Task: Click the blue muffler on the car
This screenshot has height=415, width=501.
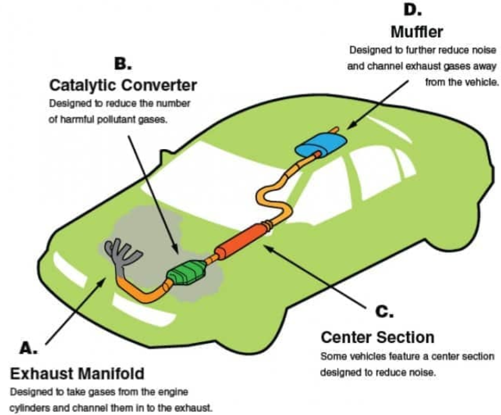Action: point(321,144)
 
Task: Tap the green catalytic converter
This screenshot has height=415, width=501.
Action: point(187,272)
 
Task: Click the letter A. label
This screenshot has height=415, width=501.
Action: point(28,348)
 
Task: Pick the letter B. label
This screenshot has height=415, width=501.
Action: point(123,64)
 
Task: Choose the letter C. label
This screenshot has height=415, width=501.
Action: point(384,311)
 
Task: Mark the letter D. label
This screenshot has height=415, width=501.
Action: point(413,10)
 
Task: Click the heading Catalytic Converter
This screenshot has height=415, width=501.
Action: point(123,86)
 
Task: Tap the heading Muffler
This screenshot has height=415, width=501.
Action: point(417,32)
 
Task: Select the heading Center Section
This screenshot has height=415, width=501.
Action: point(378,338)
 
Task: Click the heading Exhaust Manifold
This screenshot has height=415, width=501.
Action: point(77,374)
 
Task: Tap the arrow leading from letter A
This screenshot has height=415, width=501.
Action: point(76,311)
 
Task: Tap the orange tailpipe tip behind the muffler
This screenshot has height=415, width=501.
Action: point(334,130)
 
